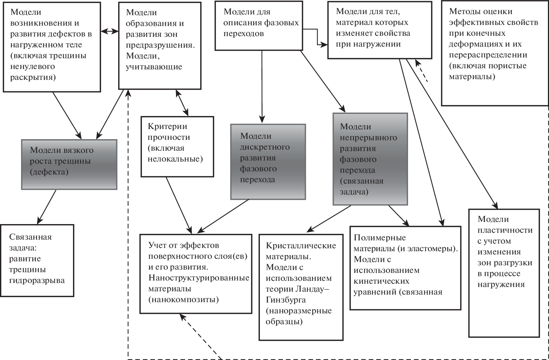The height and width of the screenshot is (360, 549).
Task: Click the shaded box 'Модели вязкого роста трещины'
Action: tap(69, 164)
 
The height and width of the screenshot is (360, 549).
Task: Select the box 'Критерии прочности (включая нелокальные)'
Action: tap(177, 146)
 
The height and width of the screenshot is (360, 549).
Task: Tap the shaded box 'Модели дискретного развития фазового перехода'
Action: tap(268, 162)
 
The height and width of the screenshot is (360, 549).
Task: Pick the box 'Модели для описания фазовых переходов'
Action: tap(259, 25)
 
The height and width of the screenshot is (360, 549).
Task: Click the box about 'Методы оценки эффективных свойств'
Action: tap(494, 53)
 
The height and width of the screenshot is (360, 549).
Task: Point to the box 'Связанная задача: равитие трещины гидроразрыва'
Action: tap(37, 260)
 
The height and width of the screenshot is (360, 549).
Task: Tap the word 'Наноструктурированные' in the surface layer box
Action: tap(199, 278)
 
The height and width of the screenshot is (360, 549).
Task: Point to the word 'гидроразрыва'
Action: tap(37, 280)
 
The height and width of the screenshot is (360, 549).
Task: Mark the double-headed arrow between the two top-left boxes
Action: tap(110, 31)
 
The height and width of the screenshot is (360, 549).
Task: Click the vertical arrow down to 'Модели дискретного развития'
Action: tap(262, 87)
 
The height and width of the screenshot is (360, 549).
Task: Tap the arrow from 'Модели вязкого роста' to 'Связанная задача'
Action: tap(47, 206)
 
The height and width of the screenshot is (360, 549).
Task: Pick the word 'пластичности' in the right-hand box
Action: tap(505, 230)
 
